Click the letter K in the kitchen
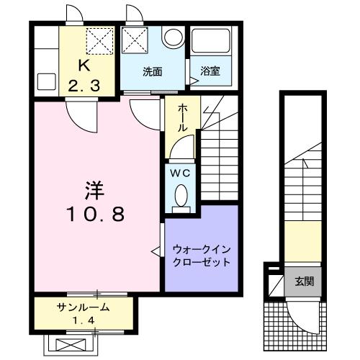pos(84,65)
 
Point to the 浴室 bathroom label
pos(210,71)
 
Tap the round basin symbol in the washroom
pos(172,38)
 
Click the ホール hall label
pos(183,115)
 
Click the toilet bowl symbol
pos(181,194)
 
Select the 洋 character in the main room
pos(94,191)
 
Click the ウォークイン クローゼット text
pos(201,256)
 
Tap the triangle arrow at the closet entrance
pos(154,251)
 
